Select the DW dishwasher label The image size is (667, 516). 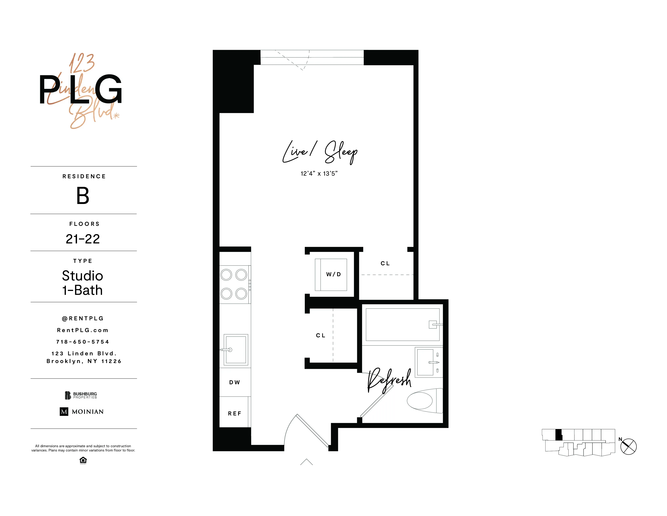(x=234, y=382)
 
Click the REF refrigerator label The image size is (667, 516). (x=234, y=414)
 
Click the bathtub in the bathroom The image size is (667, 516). (x=402, y=324)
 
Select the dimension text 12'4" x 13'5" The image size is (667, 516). (x=319, y=174)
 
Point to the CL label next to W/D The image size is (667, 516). (x=385, y=263)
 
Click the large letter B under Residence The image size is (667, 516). (x=83, y=196)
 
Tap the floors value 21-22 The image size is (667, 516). (x=83, y=239)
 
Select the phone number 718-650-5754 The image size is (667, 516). (x=83, y=342)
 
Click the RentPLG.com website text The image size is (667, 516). (x=83, y=330)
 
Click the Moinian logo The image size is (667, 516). (x=81, y=411)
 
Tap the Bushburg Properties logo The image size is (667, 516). (x=81, y=395)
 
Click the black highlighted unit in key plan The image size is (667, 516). (x=558, y=434)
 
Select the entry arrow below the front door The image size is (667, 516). (x=306, y=462)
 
